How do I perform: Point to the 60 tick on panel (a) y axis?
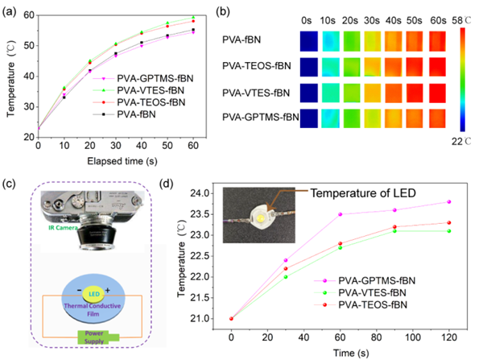(28, 15)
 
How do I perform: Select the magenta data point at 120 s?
(448, 201)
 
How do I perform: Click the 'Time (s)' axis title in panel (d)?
(338, 351)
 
